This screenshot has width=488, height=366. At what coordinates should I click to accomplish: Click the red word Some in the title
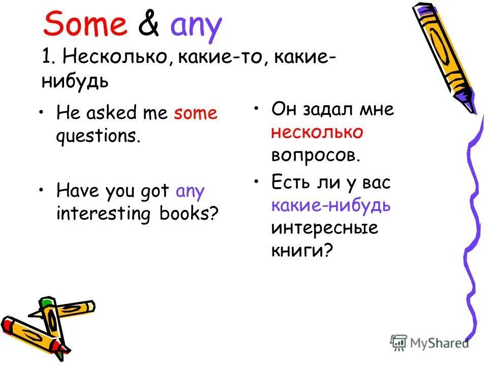[x=85, y=25]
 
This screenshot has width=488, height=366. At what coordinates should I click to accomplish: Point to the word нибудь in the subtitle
[x=75, y=82]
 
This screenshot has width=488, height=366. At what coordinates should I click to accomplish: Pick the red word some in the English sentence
[x=195, y=113]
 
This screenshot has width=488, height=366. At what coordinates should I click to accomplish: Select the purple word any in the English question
[x=190, y=192]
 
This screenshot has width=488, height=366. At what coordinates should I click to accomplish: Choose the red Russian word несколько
[x=317, y=132]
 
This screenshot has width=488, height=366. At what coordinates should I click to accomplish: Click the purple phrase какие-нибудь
[x=331, y=205]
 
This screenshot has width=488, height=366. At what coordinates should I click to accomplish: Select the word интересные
[x=324, y=228]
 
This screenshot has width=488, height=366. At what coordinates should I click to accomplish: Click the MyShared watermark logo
[x=430, y=342]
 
